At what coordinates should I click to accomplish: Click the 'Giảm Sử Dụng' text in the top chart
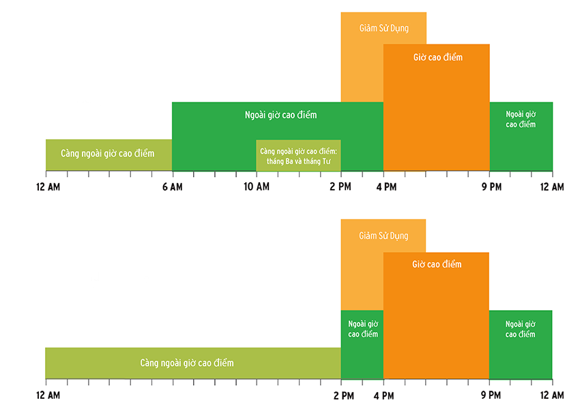pyautogui.click(x=383, y=29)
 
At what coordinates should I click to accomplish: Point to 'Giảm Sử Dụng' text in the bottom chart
pyautogui.click(x=383, y=236)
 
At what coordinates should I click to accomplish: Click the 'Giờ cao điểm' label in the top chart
pyautogui.click(x=437, y=57)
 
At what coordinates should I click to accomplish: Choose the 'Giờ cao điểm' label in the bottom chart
pyautogui.click(x=437, y=264)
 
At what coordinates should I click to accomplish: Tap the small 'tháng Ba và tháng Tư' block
pyautogui.click(x=298, y=155)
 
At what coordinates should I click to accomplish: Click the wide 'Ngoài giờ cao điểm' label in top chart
pyautogui.click(x=280, y=115)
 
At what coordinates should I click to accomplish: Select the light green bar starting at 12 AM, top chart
pyautogui.click(x=108, y=154)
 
